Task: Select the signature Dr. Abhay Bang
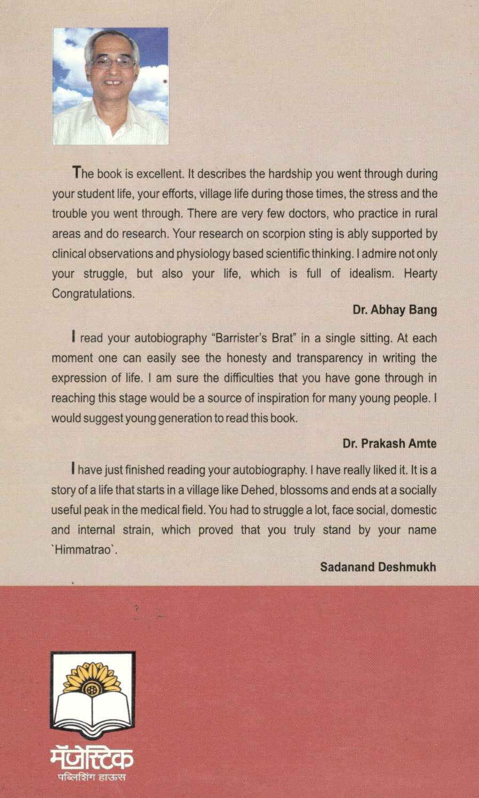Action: pyautogui.click(x=395, y=310)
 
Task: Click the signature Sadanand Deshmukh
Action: pyautogui.click(x=378, y=566)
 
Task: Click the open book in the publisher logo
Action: pyautogui.click(x=92, y=712)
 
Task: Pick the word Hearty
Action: pyautogui.click(x=420, y=274)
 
